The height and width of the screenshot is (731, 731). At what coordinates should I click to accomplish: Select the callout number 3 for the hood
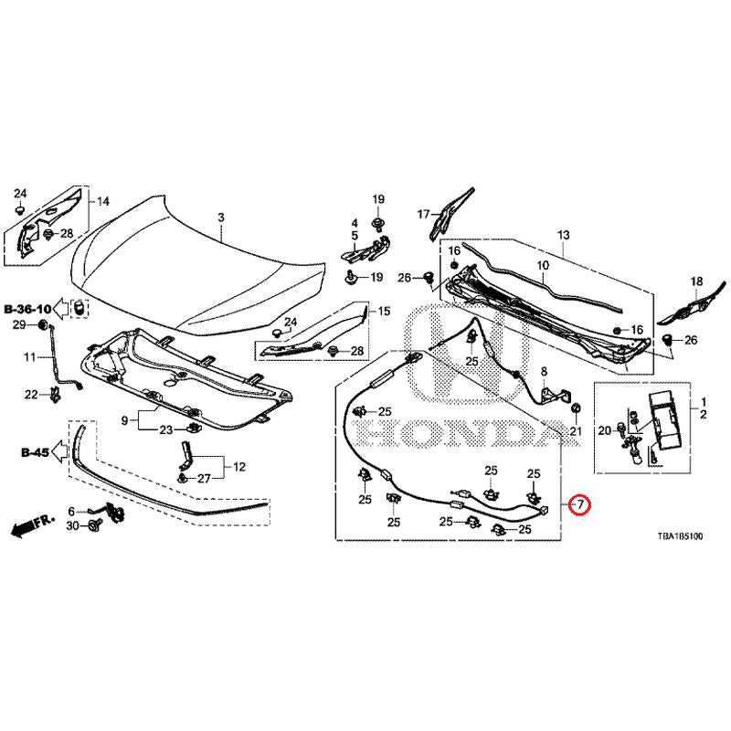point(219,217)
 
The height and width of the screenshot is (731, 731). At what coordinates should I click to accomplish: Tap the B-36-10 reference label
point(27,308)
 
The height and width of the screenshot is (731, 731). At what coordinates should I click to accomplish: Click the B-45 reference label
point(35,451)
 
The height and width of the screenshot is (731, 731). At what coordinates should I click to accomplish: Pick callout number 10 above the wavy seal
point(542,266)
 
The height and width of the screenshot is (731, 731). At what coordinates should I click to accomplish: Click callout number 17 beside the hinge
point(423,214)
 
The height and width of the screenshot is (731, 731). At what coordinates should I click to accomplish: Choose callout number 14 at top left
point(103,201)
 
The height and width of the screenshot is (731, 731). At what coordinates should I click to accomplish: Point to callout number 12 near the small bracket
point(239,467)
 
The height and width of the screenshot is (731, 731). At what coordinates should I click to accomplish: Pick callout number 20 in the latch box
point(603,430)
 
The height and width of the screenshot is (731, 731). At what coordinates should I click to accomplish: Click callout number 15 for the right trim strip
point(384,311)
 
